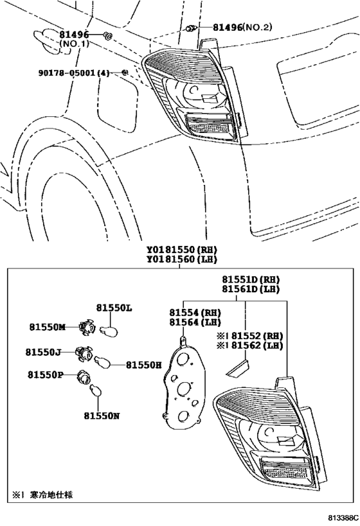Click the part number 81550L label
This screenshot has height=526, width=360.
click(x=114, y=308)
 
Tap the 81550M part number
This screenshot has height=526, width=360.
click(x=48, y=327)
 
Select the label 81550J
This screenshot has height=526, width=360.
click(x=43, y=352)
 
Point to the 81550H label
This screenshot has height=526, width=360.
click(x=144, y=365)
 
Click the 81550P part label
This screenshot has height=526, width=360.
click(x=46, y=374)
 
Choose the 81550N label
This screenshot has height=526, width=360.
click(x=102, y=416)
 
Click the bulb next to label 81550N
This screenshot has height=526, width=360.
click(x=96, y=391)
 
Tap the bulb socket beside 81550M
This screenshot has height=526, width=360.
click(x=85, y=327)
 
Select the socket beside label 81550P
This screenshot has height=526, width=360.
click(x=84, y=376)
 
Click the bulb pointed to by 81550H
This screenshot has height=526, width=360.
click(x=101, y=362)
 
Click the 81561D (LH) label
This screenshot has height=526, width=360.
click(x=251, y=289)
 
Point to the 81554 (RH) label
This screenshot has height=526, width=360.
click(x=195, y=313)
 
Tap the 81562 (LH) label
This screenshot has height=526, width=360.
click(x=257, y=346)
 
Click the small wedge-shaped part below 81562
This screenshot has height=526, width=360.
click(x=238, y=367)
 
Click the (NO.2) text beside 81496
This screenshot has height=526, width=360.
click(x=258, y=27)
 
